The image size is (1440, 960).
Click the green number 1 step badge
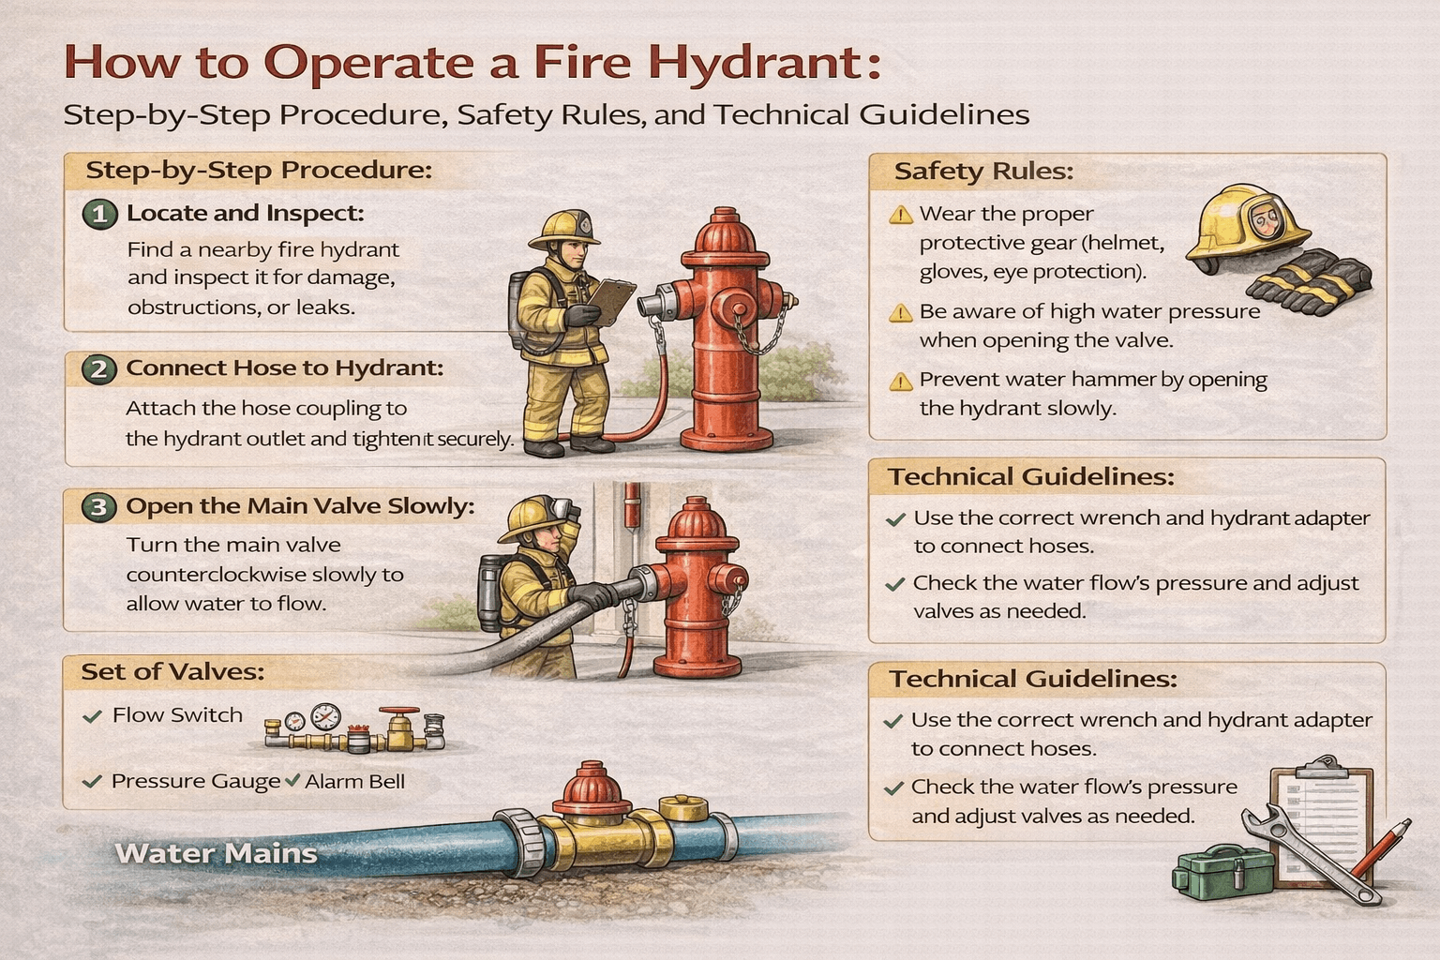click(x=99, y=215)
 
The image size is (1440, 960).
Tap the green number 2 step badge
click(x=98, y=369)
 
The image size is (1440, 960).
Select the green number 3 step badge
click(x=98, y=507)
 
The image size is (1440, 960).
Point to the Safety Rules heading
click(x=982, y=172)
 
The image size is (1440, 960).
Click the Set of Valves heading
click(x=172, y=672)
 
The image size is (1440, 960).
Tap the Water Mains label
click(x=216, y=854)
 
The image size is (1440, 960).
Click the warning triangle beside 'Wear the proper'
click(x=900, y=216)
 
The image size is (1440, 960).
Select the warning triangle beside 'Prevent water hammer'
click(x=900, y=382)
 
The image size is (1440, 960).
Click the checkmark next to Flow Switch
click(x=92, y=716)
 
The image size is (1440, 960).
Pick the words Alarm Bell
click(x=354, y=782)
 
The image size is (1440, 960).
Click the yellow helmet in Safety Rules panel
click(x=1248, y=225)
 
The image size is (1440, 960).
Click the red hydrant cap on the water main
click(x=592, y=787)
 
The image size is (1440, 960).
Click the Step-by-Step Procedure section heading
click(x=259, y=171)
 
